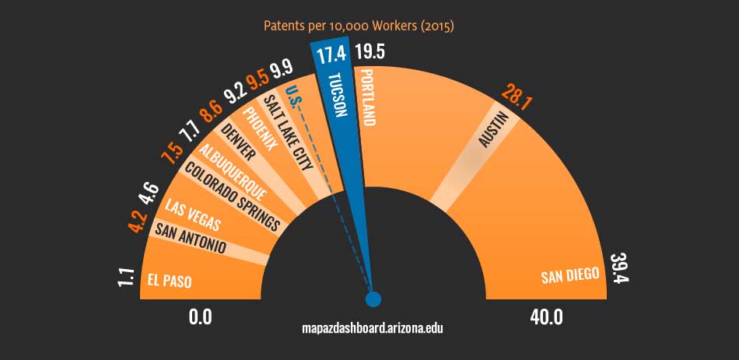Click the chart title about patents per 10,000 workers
[359, 26]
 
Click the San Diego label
[570, 274]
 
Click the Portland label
[369, 96]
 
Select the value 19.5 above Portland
[369, 52]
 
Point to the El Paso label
[170, 281]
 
